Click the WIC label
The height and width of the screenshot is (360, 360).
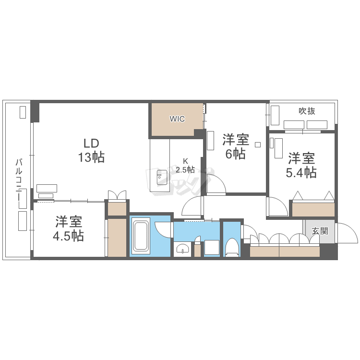pos(177,119)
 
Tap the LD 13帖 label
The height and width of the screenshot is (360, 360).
pos(91,150)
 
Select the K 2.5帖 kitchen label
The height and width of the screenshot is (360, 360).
pos(185,166)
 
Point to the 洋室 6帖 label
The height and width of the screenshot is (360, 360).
pos(236,147)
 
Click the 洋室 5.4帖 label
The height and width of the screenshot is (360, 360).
pos(301,165)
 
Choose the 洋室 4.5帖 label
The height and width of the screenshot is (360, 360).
pos(69,228)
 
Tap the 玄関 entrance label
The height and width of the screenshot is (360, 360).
pos(320,231)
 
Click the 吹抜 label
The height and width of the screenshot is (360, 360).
pos(307,111)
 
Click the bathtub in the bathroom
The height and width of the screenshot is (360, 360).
pos(141,236)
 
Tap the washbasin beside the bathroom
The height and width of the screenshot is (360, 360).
pos(182,249)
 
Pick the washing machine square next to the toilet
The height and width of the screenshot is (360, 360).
pos(212,247)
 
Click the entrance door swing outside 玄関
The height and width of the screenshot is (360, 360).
pos(347,233)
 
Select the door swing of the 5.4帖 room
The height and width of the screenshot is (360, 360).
pos(277,206)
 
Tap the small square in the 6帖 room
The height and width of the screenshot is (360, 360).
pos(258,144)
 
